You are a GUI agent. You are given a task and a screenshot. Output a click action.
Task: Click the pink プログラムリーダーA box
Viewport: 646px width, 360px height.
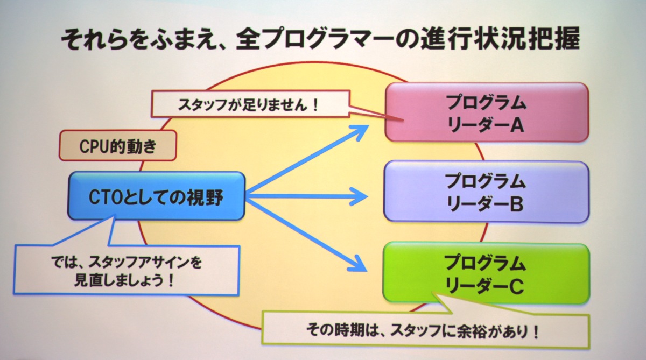point(487,112)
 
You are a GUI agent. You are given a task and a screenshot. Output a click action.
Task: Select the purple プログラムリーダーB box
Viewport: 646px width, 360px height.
point(486,192)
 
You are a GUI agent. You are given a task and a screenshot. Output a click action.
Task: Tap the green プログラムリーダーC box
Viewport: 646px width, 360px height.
point(486,273)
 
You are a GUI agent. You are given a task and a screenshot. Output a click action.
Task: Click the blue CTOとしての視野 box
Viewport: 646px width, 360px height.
point(156,196)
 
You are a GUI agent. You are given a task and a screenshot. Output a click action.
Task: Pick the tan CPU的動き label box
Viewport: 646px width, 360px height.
point(118,145)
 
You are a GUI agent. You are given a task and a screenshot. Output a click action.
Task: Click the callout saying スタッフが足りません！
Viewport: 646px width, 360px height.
point(250,104)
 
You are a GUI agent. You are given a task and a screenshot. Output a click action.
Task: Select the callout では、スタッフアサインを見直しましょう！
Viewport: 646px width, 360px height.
point(127,270)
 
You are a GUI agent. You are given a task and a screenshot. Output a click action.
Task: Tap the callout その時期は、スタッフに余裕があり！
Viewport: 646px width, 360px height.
point(426,330)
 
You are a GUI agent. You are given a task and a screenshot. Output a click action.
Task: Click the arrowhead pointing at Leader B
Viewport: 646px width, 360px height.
point(360,196)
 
